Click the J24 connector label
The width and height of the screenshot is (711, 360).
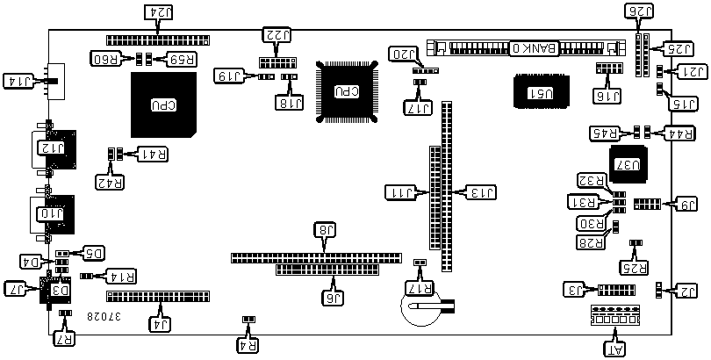[x=159, y=12]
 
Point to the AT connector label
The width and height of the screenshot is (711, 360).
[x=615, y=349]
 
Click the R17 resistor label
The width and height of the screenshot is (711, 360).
[x=419, y=286]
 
